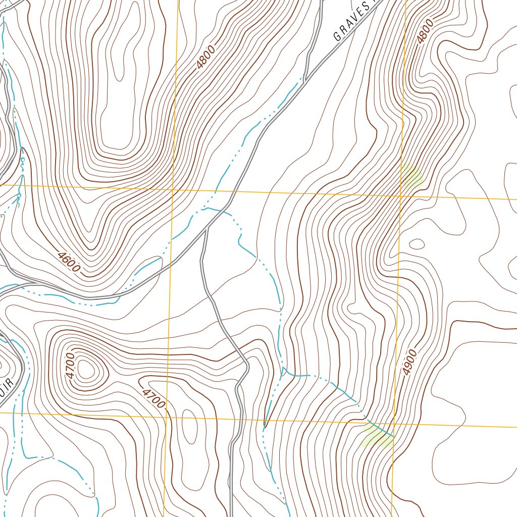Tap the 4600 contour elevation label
(x=69, y=262)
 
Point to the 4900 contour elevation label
(x=411, y=362)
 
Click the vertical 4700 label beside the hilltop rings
(x=70, y=367)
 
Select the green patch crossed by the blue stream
(x=377, y=435)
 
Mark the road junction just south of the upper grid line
(x=208, y=227)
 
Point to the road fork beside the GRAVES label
(x=306, y=78)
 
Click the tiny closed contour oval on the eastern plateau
(x=417, y=244)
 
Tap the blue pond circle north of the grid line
(x=22, y=161)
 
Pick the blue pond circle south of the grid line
(x=19, y=195)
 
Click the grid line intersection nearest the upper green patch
(x=401, y=195)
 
